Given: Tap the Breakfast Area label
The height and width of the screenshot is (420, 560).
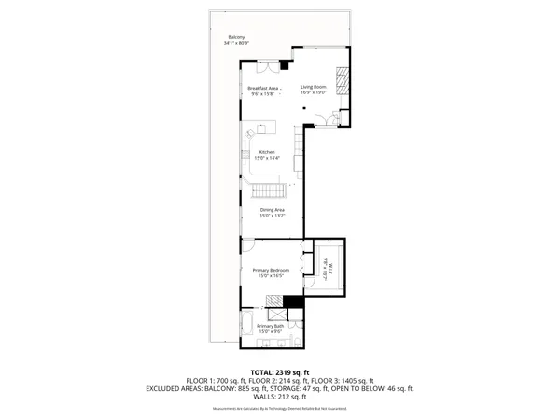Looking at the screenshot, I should tap(264, 88).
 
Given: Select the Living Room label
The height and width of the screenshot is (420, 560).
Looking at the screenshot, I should tap(313, 88).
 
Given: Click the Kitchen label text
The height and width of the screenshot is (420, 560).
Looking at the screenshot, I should tap(267, 152).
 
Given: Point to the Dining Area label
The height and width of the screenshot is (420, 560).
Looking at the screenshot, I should tap(272, 210).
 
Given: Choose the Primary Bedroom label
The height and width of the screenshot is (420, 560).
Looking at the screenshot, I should tap(271, 270).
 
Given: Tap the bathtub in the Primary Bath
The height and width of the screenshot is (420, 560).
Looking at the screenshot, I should tap(248, 326).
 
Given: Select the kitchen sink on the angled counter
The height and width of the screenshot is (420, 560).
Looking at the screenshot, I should tap(251, 133).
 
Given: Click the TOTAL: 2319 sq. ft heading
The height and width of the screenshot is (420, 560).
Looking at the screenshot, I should tap(279, 372).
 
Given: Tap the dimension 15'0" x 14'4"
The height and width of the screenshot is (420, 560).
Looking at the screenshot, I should tap(267, 159).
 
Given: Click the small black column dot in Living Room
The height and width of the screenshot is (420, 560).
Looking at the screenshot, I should tap(304, 108).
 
